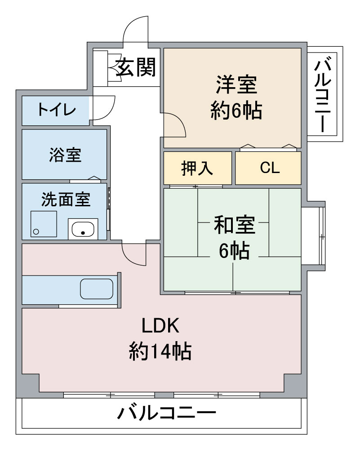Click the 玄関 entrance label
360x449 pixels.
pos(136,67)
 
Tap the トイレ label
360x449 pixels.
pos(57,110)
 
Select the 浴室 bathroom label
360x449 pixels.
pos(65,155)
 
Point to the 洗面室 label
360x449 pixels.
pos(66,199)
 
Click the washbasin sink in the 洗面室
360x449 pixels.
pos(83,229)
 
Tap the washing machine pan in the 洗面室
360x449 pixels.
pos(44,224)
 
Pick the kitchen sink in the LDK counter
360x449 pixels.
pos(97,289)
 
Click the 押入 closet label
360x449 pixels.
pos(197,168)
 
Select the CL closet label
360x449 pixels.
pos(270,168)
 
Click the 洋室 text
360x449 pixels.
pos(236,84)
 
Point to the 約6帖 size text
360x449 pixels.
pos(236,111)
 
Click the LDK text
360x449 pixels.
pos(160,325)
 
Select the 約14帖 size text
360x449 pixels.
pos(160,351)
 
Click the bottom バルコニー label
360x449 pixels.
pos(167,413)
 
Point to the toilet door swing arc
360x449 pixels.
pos(111,111)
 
